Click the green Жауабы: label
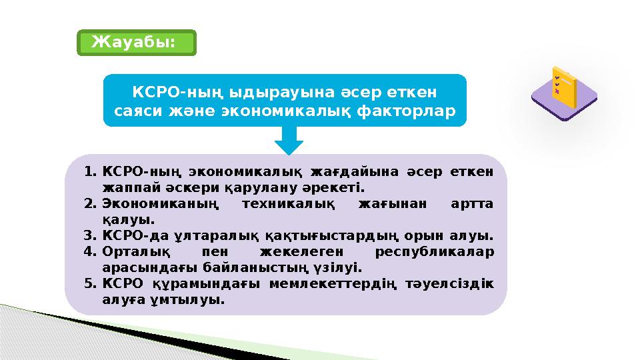tap(136, 42)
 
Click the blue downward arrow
tap(289, 141)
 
